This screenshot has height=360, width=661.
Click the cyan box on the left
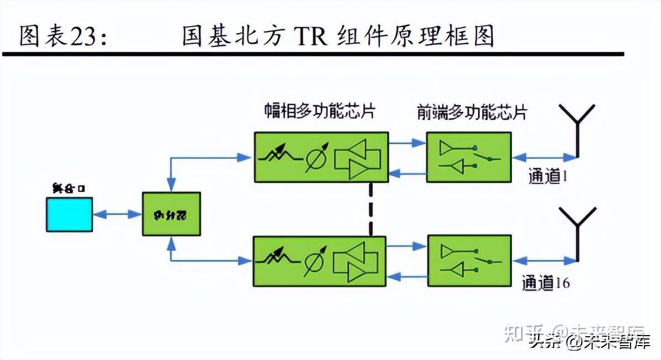point(69,215)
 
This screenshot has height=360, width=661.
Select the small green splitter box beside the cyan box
point(171,214)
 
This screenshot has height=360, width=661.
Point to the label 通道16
point(545,283)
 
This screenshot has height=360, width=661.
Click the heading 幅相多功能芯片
point(319,111)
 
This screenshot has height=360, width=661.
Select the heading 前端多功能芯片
point(472,112)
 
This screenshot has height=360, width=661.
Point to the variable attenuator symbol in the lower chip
point(277,259)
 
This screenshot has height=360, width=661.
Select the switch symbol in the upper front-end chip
point(487,157)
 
